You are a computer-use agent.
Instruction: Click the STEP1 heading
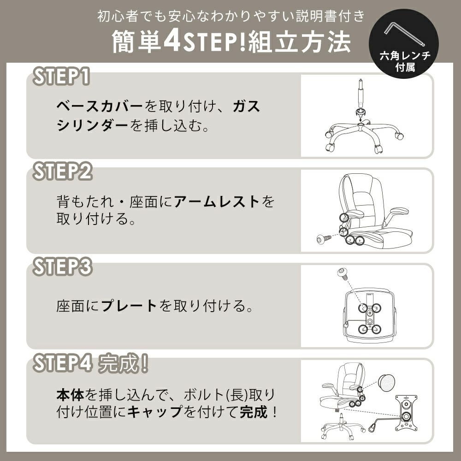[61, 77]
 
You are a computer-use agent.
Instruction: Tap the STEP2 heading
[62, 171]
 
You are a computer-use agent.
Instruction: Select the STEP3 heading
[62, 266]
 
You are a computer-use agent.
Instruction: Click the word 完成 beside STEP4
[118, 364]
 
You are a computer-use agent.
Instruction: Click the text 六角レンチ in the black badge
[405, 56]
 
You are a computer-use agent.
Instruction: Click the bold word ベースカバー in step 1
[100, 106]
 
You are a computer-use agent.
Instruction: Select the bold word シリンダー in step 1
[92, 125]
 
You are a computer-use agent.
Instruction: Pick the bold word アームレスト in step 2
[216, 202]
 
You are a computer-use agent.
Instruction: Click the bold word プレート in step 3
[129, 306]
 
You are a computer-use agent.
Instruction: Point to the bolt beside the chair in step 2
[324, 239]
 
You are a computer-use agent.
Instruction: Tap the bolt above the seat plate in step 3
[343, 273]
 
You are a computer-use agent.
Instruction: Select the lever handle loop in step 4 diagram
[372, 426]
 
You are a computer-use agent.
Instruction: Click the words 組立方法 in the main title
[300, 41]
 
